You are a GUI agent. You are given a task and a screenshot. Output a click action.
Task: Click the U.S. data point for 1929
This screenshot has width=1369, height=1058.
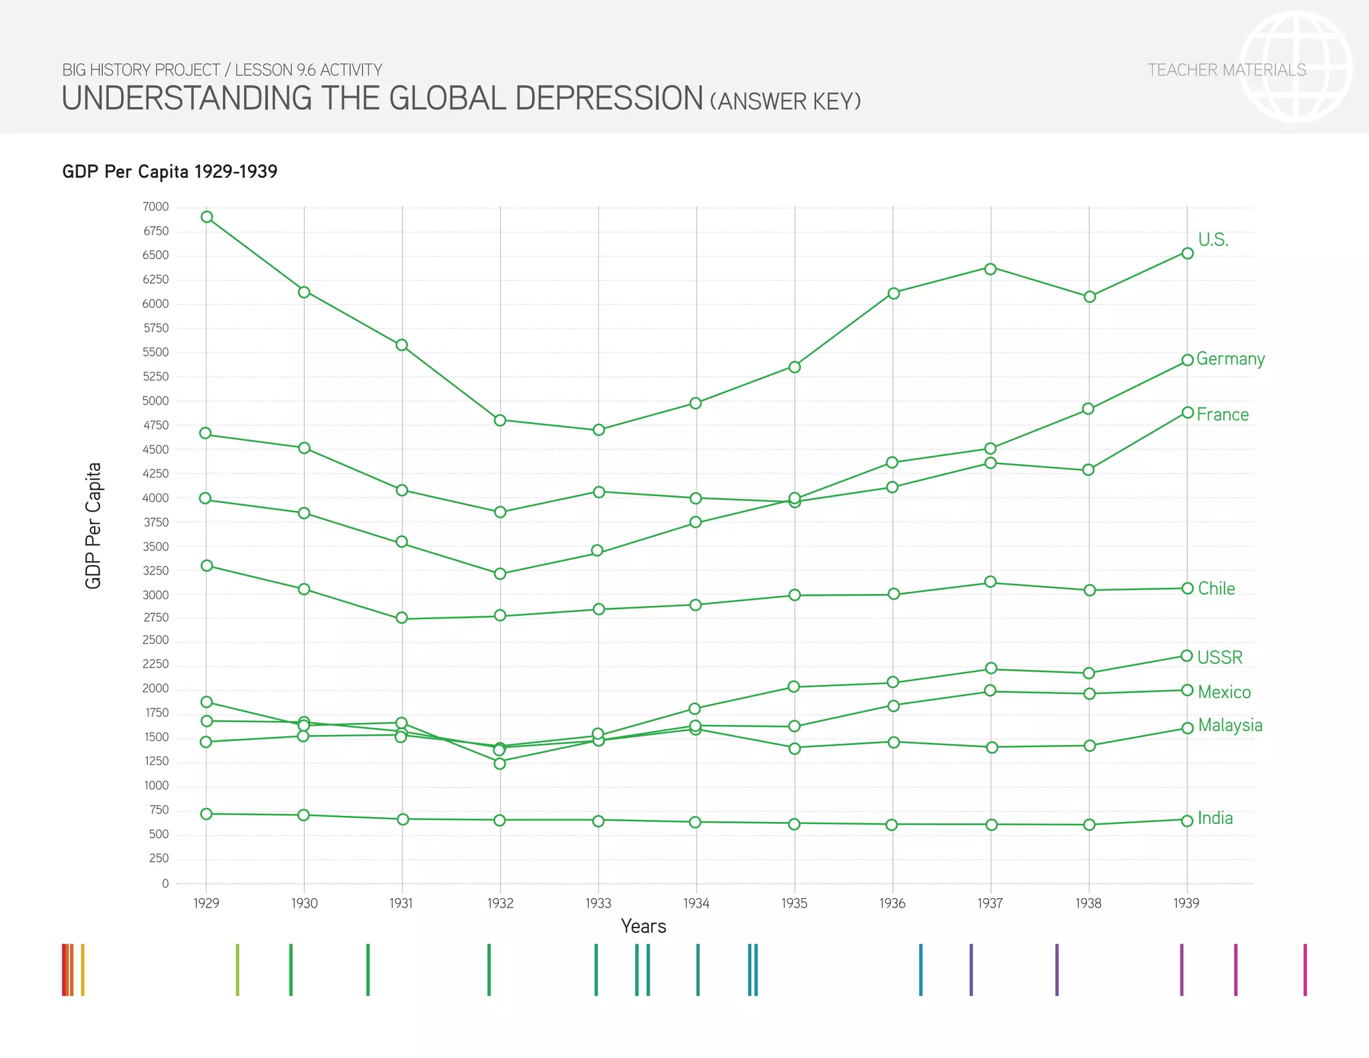pos(207,217)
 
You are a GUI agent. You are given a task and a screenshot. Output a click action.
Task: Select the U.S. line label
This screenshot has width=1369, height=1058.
pos(1213,239)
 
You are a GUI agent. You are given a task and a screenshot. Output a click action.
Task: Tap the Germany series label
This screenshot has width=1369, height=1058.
pos(1230,359)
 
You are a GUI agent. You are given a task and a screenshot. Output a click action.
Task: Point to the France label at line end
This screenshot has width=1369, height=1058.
pos(1222,415)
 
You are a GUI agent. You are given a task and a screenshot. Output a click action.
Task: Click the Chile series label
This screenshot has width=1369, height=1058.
pos(1216,589)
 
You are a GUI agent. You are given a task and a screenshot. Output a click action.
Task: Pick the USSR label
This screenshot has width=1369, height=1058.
pos(1219,657)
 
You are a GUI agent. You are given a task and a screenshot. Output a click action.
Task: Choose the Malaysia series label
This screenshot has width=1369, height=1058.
pos(1229,726)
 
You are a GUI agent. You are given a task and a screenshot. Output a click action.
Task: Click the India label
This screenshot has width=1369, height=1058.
pos(1215,819)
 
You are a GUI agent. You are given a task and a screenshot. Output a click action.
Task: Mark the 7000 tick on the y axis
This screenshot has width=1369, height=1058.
pos(155,207)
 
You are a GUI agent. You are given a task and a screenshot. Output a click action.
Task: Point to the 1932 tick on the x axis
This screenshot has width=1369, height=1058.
pos(500,904)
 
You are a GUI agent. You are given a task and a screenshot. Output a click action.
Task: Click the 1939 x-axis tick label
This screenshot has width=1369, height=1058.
pos(1186,904)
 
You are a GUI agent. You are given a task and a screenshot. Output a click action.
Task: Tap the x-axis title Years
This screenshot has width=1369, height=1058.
pos(643,926)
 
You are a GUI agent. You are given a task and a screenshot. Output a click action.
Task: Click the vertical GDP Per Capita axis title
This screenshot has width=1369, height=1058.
pos(94,526)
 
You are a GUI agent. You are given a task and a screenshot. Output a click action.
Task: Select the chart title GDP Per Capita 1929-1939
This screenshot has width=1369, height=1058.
pos(170,172)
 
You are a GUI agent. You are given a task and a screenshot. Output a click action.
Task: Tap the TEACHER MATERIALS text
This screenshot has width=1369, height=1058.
pos(1227,70)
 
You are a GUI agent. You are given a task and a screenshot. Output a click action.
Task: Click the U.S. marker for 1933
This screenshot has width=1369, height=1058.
pos(598,429)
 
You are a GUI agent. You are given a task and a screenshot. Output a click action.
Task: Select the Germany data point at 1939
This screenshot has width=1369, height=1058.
pos(1187,360)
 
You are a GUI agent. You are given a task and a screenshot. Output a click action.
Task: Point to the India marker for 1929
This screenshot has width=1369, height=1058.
pos(207,814)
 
